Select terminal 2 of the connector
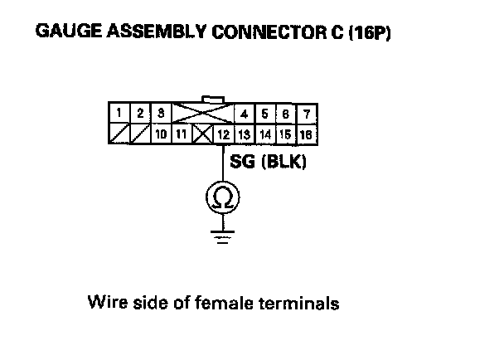coord(140,113)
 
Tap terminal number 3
coord(160,113)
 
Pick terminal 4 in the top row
coord(245,113)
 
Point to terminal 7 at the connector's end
coord(308,113)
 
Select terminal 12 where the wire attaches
coord(223,133)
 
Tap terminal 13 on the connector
coord(245,133)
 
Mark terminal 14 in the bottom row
coord(265,133)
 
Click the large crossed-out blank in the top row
coord(202,113)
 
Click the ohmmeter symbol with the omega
coord(222,197)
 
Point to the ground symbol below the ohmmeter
coord(222,236)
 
